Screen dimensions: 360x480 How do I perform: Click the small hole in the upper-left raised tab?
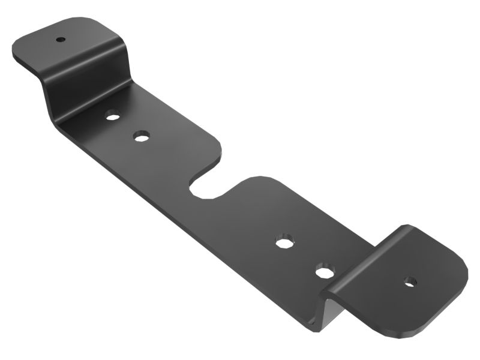[x=61, y=40]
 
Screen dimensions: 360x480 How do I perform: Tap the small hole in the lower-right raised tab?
[x=410, y=280]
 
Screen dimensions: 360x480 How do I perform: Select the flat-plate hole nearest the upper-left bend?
[x=112, y=115]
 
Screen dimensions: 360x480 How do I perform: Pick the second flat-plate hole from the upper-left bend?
[x=142, y=137]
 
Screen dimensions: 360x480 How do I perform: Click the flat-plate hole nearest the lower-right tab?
[x=325, y=272]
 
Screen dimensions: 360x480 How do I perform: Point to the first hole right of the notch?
[x=283, y=242]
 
